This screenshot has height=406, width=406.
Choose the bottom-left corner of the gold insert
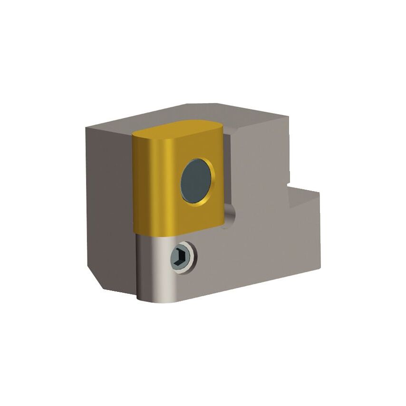(x=136, y=232)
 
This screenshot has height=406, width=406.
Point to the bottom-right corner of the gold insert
(x=223, y=223)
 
